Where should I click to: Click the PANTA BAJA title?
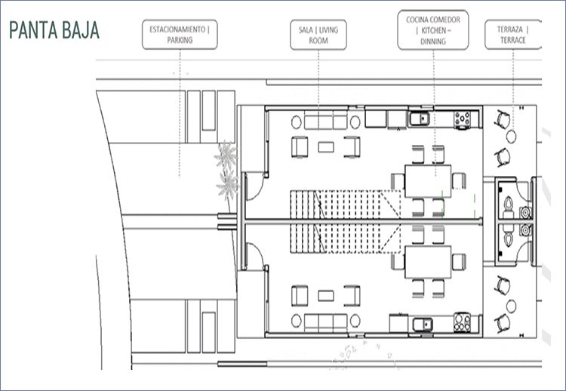pos(54,30)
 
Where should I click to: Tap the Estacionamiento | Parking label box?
pos(180,35)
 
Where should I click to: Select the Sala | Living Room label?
pos(318,35)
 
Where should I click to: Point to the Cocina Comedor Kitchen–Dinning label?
pos(433,30)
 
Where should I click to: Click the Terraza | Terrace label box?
pos(513,35)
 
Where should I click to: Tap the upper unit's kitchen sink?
pos(419,119)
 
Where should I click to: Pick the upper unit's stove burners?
pos(463,119)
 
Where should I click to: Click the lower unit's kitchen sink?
pos(423,325)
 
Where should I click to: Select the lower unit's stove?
pos(462,322)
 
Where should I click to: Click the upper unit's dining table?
pos(428,181)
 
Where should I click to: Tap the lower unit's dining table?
pos(428,262)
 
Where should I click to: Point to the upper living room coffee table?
pos(326,147)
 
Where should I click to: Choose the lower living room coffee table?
pos(326,296)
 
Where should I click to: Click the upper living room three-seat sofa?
pos(325,122)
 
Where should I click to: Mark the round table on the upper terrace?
pos(511,137)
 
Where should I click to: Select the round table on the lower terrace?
pos(511,306)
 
